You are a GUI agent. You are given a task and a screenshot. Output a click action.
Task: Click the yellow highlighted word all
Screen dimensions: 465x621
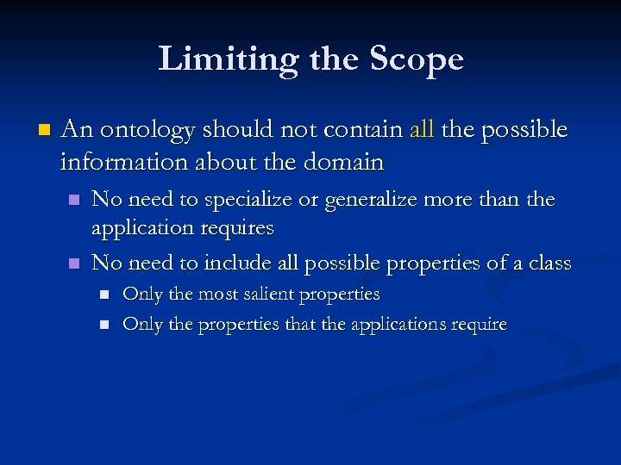click(422, 130)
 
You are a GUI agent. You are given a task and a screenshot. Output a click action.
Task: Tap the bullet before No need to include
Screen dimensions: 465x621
click(74, 263)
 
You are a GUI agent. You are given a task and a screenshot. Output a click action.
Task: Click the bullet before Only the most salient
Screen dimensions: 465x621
click(104, 295)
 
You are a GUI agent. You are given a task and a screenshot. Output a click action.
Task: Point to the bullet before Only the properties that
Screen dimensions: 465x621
click(104, 325)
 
